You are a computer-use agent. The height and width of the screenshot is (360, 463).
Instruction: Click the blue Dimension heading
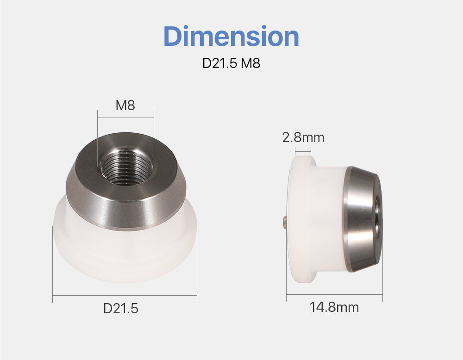[x=231, y=36]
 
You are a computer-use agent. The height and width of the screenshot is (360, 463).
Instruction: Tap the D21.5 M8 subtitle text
[x=231, y=63]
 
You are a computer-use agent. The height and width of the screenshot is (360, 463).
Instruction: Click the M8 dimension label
[x=125, y=105]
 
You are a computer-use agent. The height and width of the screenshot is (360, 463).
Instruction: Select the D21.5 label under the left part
[x=121, y=308]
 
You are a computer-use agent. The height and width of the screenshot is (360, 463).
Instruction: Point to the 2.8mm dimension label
[x=303, y=137]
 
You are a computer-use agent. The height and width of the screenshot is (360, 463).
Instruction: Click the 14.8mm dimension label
[x=334, y=307]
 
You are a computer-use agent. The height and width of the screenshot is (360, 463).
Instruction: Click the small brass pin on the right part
[x=285, y=222]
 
